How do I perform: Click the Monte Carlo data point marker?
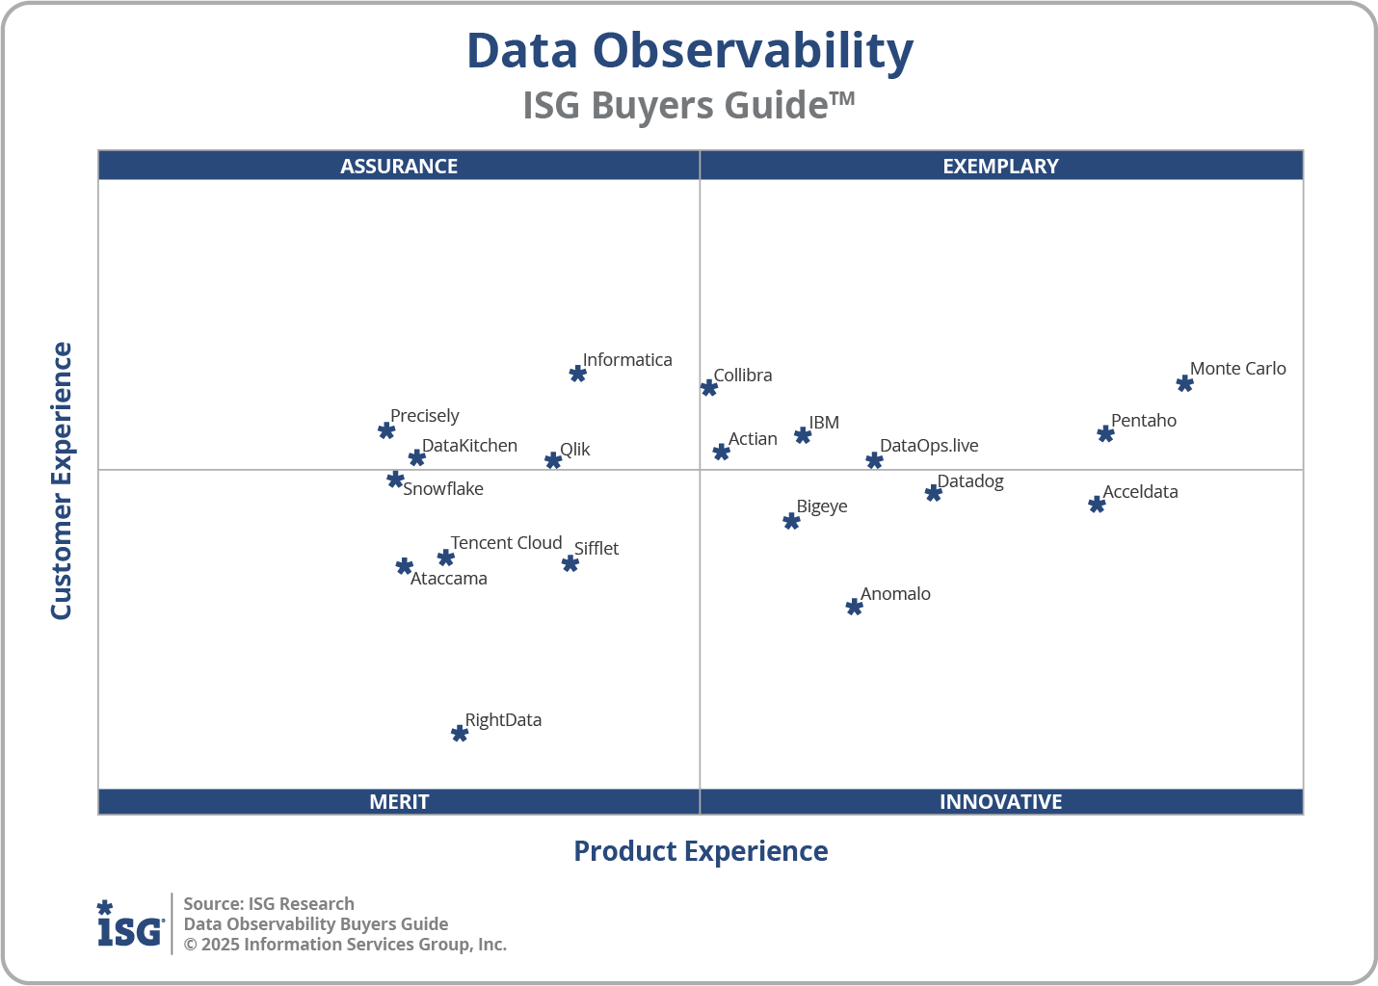coord(1184,383)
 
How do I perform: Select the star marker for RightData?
coord(460,734)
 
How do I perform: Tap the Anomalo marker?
coord(854,607)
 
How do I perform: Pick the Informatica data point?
coord(577,374)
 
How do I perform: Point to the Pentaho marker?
coord(1105,434)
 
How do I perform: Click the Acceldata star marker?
coord(1097,505)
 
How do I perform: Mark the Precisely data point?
coord(386,430)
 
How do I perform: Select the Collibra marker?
coord(709,388)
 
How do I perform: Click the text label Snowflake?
coord(443,489)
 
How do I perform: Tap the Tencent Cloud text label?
coord(506,543)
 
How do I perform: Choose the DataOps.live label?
coord(929,446)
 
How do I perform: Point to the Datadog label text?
coord(970,481)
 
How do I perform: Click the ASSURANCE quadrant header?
coord(399,166)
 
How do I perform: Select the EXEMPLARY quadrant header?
coord(1000,166)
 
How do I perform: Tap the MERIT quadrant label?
coord(399,801)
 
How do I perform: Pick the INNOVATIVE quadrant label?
coord(1000,801)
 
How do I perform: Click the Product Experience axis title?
coord(701,851)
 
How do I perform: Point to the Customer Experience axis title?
coord(62,481)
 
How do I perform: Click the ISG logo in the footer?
coord(130,924)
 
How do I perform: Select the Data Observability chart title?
coord(689,51)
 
